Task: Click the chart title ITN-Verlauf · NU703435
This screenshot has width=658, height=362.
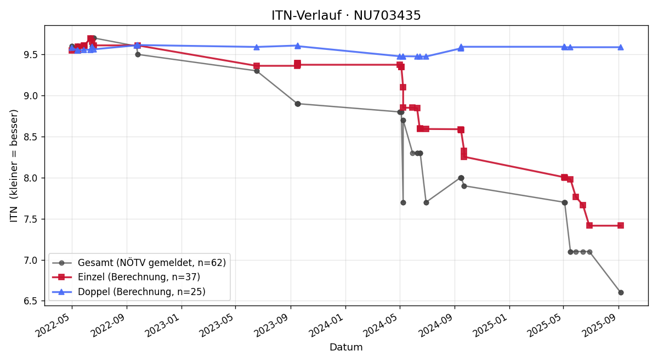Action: pyautogui.click(x=346, y=15)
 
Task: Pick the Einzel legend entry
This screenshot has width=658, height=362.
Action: pyautogui.click(x=126, y=277)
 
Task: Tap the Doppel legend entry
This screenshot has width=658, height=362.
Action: pyautogui.click(x=129, y=291)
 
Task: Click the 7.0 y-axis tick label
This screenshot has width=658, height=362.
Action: pyautogui.click(x=32, y=261)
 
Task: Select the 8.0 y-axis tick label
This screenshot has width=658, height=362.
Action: pyautogui.click(x=32, y=178)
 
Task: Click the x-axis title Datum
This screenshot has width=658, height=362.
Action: pyautogui.click(x=346, y=347)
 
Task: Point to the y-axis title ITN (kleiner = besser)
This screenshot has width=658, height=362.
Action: pyautogui.click(x=14, y=166)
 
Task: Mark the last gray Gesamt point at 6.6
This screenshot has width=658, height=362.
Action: pyautogui.click(x=621, y=293)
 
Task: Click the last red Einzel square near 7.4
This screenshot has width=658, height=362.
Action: pyautogui.click(x=621, y=225)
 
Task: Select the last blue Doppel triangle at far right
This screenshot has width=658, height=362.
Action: pyautogui.click(x=621, y=47)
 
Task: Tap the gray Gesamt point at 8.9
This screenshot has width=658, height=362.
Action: pyautogui.click(x=298, y=104)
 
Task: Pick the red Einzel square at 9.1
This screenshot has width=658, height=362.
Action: pyautogui.click(x=403, y=87)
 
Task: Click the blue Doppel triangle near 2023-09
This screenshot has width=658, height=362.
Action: pyautogui.click(x=298, y=46)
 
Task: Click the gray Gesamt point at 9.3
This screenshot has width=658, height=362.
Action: pyautogui.click(x=257, y=71)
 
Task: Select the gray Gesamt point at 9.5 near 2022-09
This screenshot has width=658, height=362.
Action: pyautogui.click(x=138, y=55)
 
